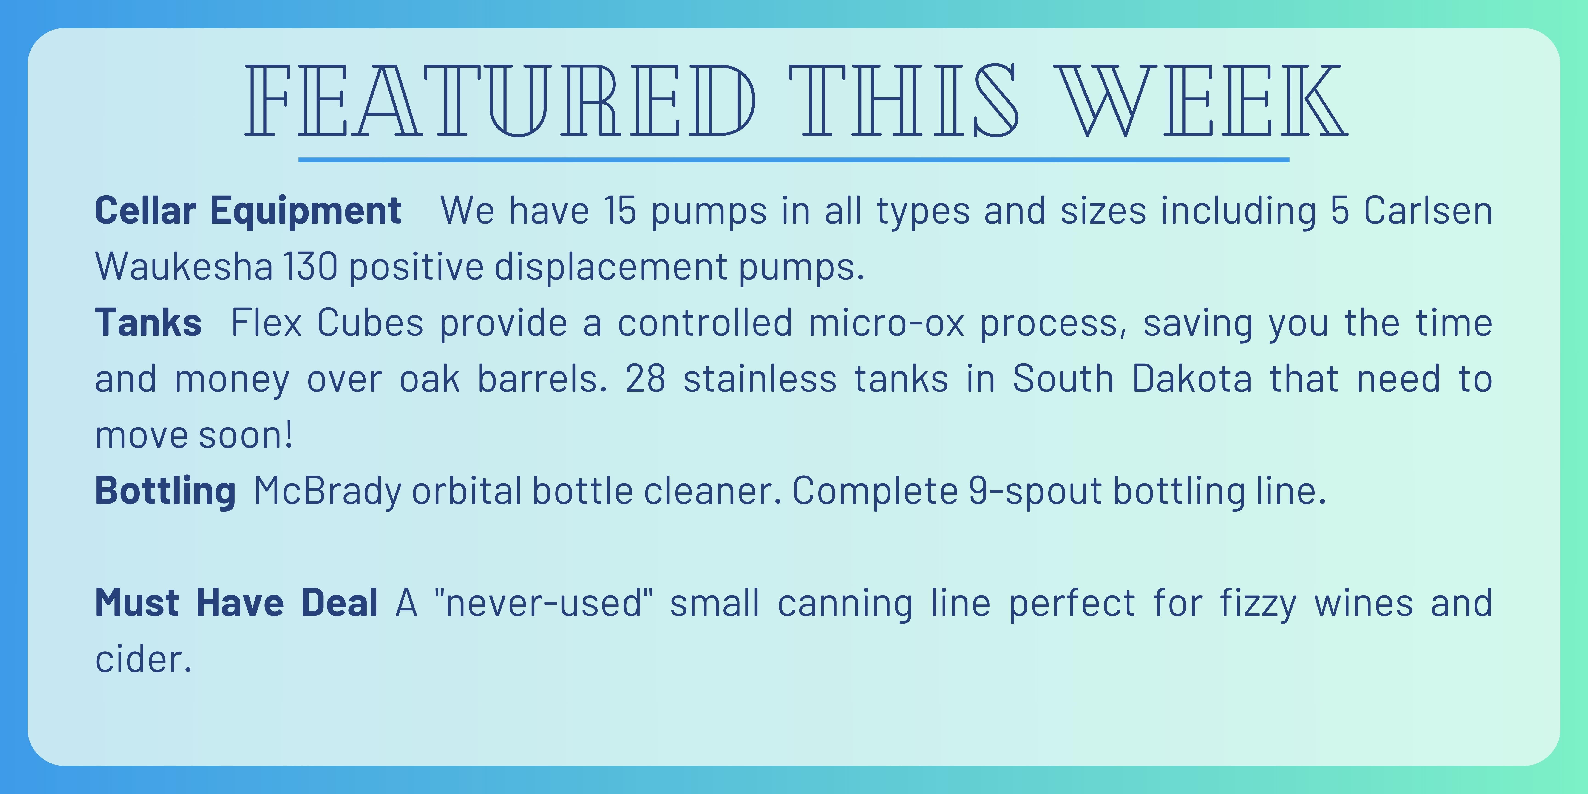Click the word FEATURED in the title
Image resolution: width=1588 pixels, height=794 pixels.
[x=501, y=100]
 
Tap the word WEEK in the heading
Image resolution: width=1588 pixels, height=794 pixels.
[x=1202, y=100]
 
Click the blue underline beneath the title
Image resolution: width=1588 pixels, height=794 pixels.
[x=794, y=160]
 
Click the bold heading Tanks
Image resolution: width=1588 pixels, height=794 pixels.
[x=148, y=322]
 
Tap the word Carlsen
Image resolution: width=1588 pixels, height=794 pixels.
[x=1428, y=210]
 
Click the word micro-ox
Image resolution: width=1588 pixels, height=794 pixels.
[x=886, y=322]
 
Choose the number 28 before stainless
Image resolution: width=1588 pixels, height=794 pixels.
[x=645, y=379]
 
